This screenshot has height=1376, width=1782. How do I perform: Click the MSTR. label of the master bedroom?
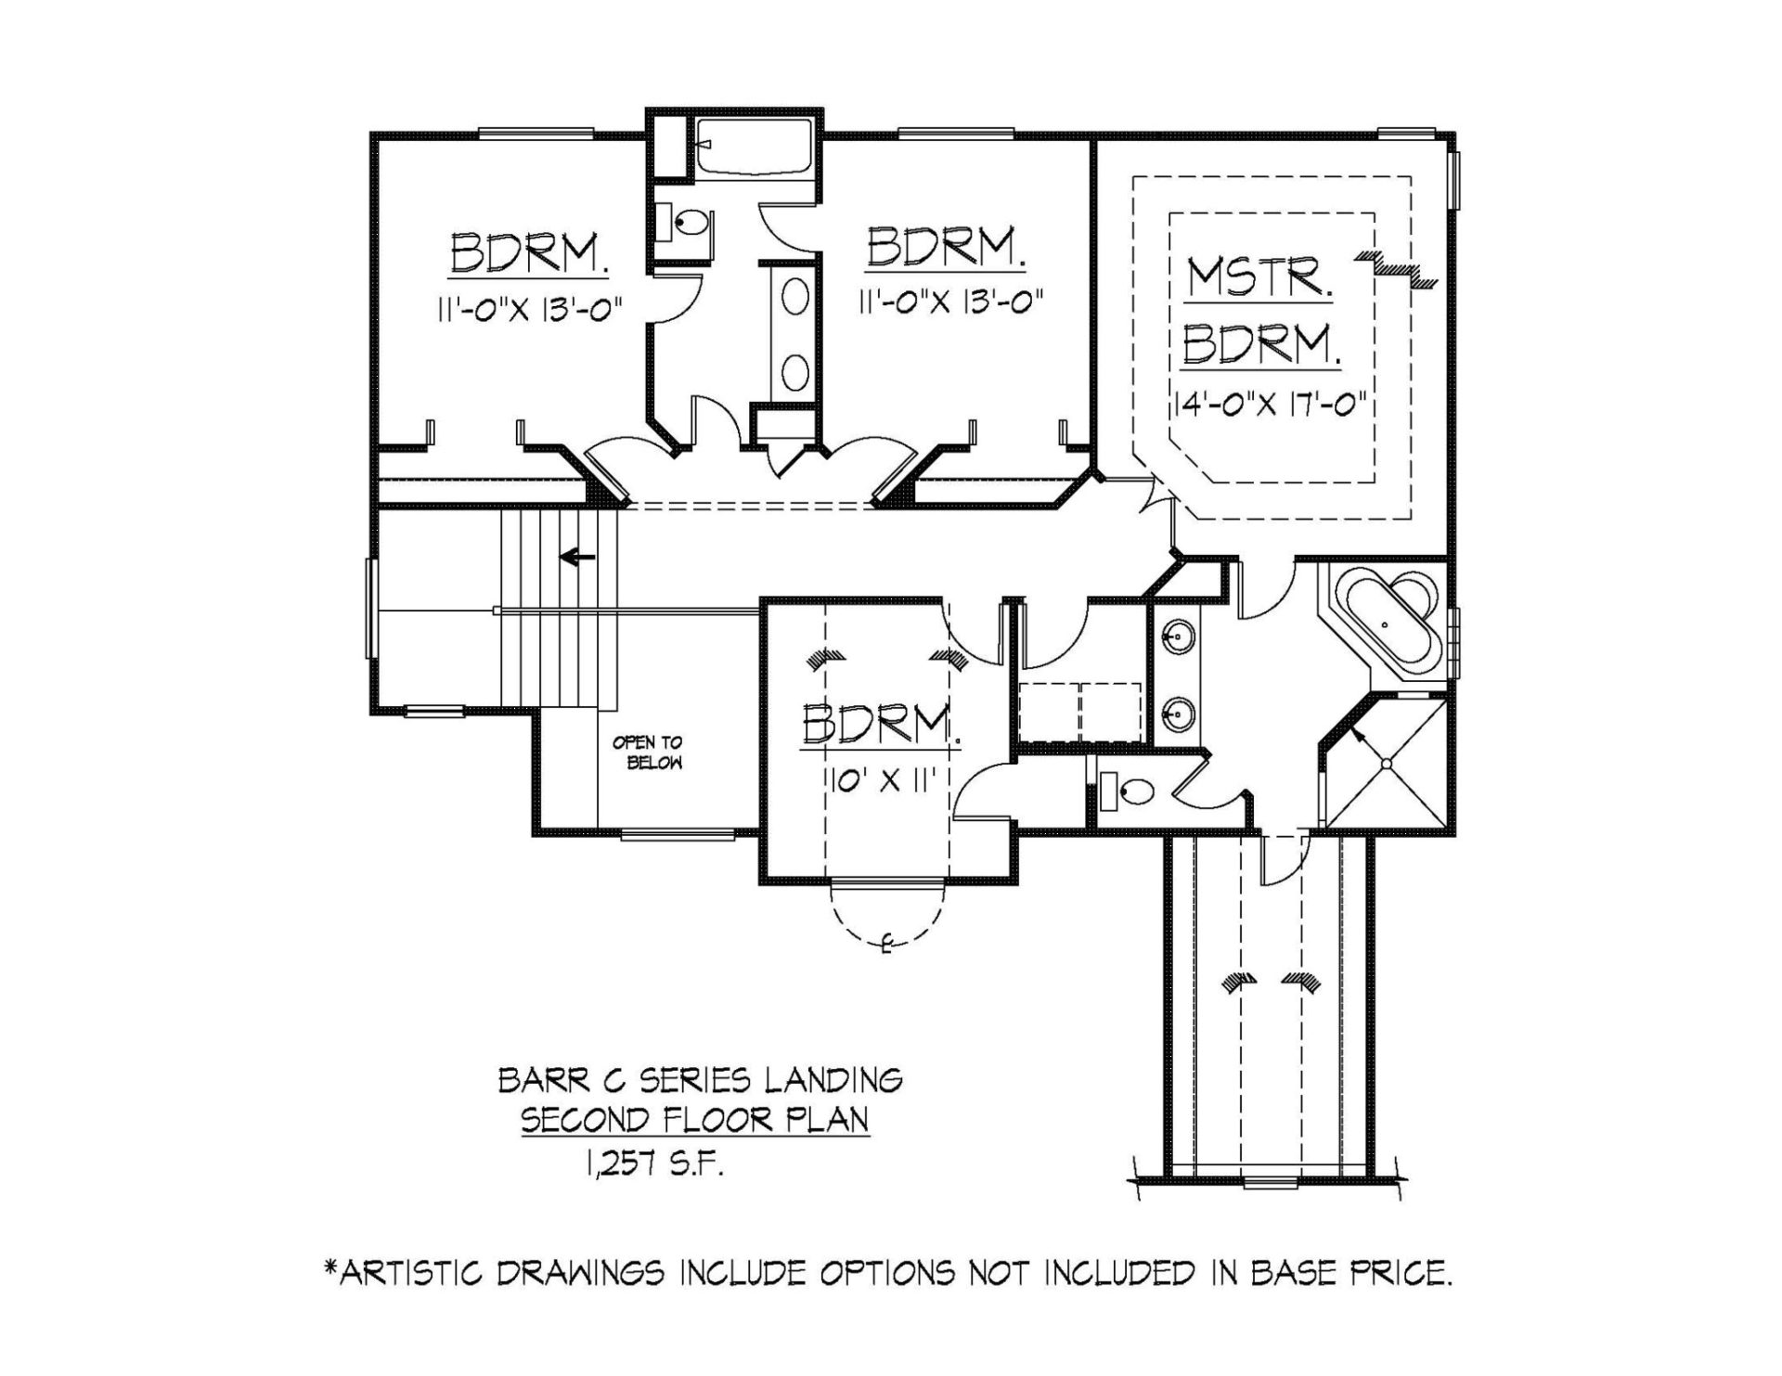tap(1259, 277)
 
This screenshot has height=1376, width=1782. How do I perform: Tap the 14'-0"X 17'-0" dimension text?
tap(1271, 405)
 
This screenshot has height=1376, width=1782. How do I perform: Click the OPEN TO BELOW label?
tap(647, 752)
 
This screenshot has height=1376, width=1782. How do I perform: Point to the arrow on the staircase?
tap(577, 557)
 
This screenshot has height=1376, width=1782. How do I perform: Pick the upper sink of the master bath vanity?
tap(1179, 637)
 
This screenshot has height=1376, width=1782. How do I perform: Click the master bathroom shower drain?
tap(1387, 764)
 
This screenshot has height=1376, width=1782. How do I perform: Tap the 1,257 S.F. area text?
tap(653, 1162)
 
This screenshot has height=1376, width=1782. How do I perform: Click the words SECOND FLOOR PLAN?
tap(695, 1120)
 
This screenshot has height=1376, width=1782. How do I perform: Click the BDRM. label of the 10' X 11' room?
tap(880, 727)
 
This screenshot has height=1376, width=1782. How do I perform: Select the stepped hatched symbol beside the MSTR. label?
tap(1396, 268)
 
